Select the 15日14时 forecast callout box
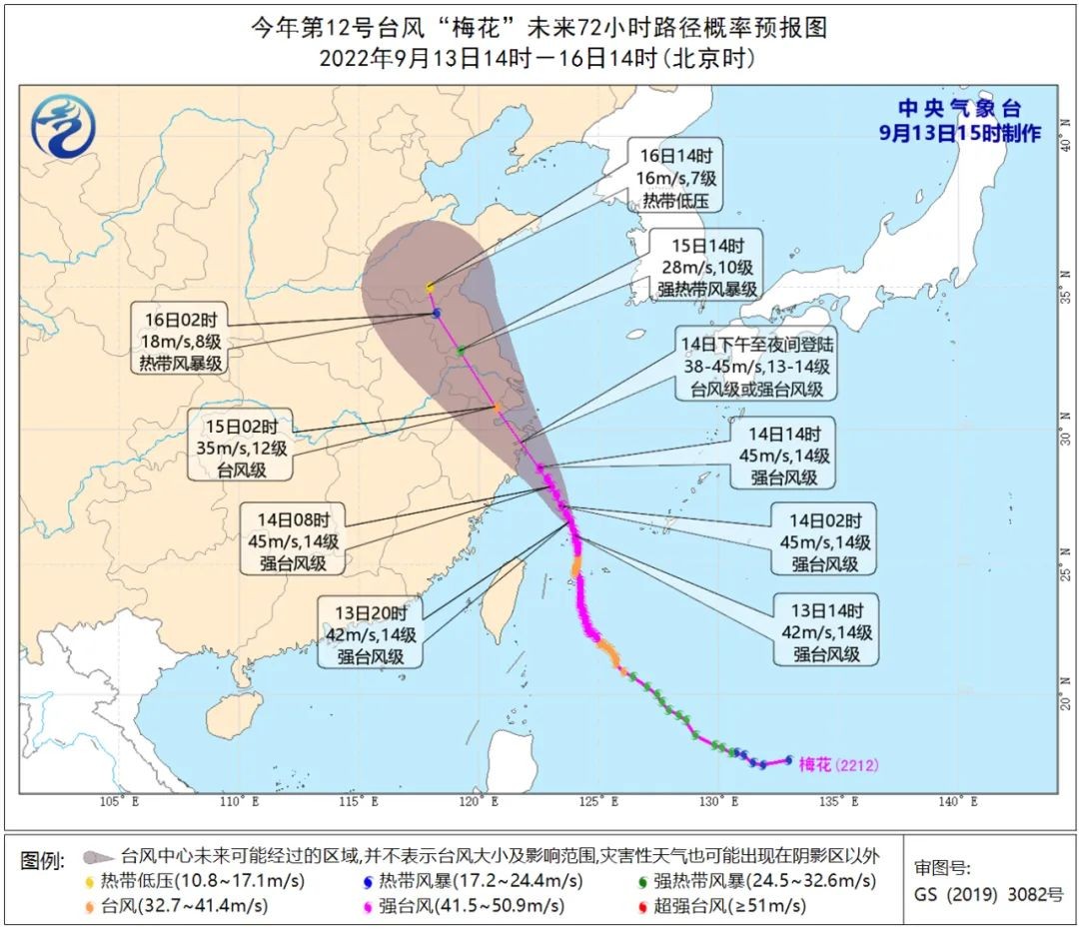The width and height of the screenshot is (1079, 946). tap(704, 265)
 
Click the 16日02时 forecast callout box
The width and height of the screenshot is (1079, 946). tap(182, 342)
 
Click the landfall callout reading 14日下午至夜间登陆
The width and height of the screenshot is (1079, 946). tap(755, 368)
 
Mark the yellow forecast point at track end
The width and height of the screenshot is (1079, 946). tap(431, 288)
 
